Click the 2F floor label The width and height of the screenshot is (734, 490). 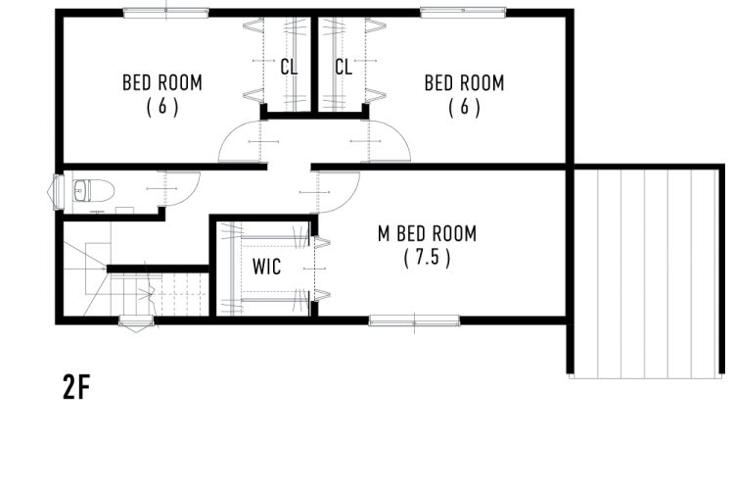click(75, 387)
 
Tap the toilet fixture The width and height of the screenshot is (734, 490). click(94, 191)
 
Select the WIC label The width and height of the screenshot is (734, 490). click(267, 267)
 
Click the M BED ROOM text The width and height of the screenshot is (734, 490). click(427, 233)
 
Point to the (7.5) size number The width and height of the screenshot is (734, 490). click(427, 257)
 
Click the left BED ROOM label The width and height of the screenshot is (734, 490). click(161, 82)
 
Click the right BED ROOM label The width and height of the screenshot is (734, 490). click(464, 82)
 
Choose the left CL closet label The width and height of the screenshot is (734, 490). click(289, 67)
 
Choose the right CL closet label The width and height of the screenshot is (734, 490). click(344, 67)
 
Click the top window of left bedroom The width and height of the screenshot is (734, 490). click(165, 13)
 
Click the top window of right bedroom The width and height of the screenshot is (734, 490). click(463, 13)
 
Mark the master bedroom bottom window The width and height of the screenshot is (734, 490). click(414, 320)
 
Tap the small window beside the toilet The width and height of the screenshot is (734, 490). click(57, 192)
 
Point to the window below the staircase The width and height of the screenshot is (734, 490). click(136, 321)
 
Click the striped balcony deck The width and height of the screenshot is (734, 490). click(646, 272)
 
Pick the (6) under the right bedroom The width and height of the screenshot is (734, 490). click(464, 107)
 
